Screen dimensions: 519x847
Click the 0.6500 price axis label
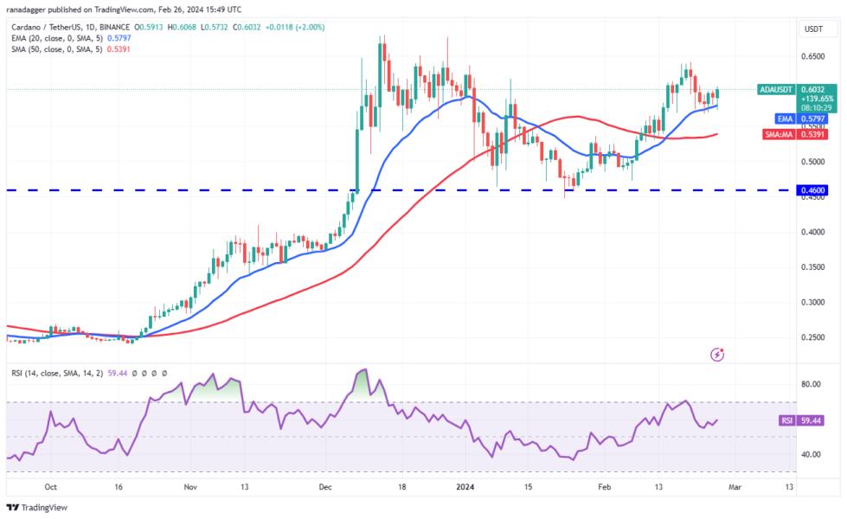(x=812, y=56)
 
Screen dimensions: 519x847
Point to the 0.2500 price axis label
(x=812, y=337)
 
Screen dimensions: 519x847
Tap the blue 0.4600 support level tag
(x=812, y=189)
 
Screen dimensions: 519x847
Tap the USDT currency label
(x=813, y=29)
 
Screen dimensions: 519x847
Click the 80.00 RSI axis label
(x=812, y=384)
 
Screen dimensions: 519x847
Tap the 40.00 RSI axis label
(x=812, y=454)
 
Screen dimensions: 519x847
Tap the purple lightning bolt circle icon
(x=716, y=354)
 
